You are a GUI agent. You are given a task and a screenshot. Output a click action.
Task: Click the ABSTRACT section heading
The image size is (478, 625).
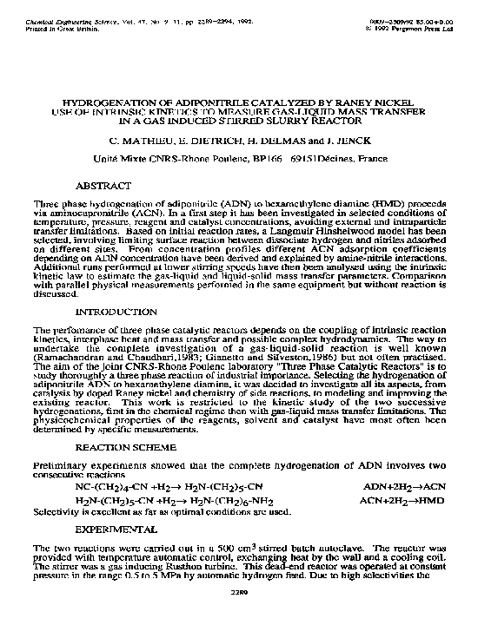pyautogui.click(x=103, y=186)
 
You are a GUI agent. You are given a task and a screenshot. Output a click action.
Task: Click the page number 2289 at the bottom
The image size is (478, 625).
pyautogui.click(x=239, y=616)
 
